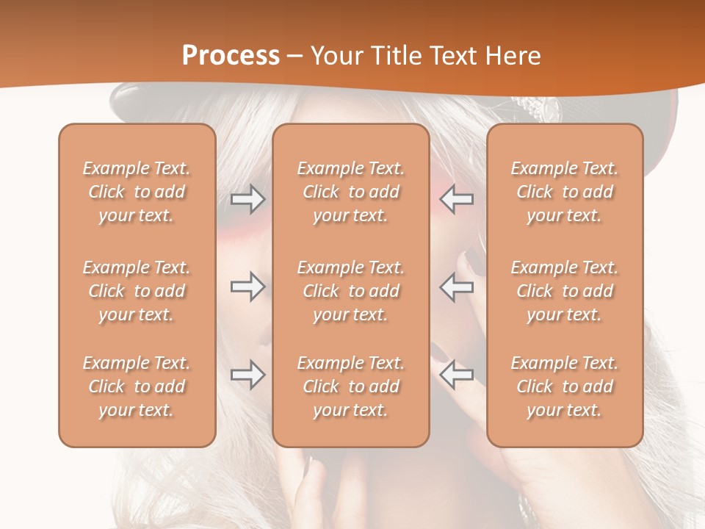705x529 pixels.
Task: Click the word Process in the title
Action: (x=231, y=56)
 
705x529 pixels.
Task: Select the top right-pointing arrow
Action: (x=247, y=198)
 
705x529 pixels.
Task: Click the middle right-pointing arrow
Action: (x=247, y=287)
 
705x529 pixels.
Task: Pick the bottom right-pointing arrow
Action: (x=247, y=375)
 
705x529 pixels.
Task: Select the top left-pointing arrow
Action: (x=457, y=198)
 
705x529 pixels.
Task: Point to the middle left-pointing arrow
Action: (x=457, y=287)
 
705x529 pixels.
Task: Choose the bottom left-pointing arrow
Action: (x=457, y=375)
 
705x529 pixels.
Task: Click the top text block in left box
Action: (x=137, y=192)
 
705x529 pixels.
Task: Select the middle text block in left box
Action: (x=137, y=291)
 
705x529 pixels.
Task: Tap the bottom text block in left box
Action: (x=137, y=386)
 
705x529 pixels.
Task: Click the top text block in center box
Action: (x=350, y=192)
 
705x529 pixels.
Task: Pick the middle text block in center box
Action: (x=350, y=291)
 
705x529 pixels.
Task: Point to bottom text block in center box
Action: (x=350, y=386)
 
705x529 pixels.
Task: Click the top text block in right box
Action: (x=565, y=192)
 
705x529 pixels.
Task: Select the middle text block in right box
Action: (x=565, y=291)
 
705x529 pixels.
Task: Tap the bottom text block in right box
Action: (x=565, y=386)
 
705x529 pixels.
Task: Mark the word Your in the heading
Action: (x=335, y=56)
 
